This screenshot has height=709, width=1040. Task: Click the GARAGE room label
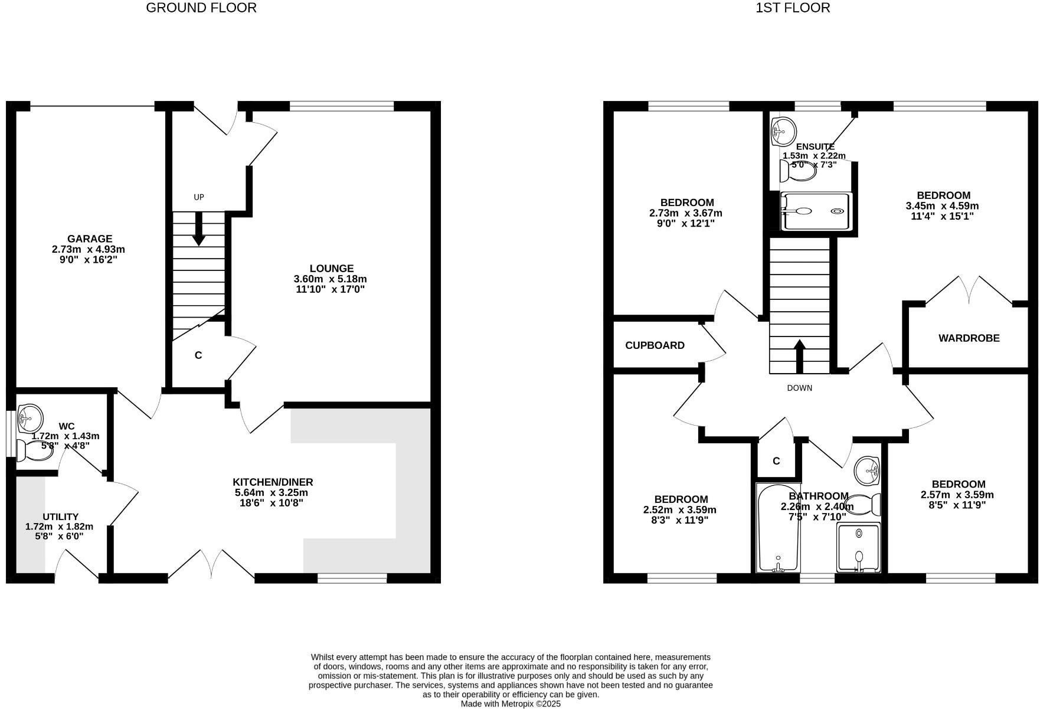point(89,238)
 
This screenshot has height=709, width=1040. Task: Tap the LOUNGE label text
point(331,269)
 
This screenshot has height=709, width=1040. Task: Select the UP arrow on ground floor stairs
point(199,228)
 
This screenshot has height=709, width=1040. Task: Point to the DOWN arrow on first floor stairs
point(800,356)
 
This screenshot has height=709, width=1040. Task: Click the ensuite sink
point(783,130)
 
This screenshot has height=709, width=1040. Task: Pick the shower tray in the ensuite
point(816,211)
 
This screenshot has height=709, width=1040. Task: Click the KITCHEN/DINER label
point(273,482)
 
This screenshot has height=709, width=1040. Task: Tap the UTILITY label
point(60,517)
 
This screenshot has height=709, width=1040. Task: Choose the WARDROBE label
point(969,338)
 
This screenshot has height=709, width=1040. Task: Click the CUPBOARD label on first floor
point(655,345)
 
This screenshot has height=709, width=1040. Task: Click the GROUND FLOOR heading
point(201,8)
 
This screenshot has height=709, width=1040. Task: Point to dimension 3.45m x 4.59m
point(942,206)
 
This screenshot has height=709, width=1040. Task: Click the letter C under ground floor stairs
point(198,355)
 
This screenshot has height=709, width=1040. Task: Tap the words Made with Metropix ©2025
point(510,704)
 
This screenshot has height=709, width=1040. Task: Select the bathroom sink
point(868,470)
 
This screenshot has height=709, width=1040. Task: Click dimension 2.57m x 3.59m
point(958,495)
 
